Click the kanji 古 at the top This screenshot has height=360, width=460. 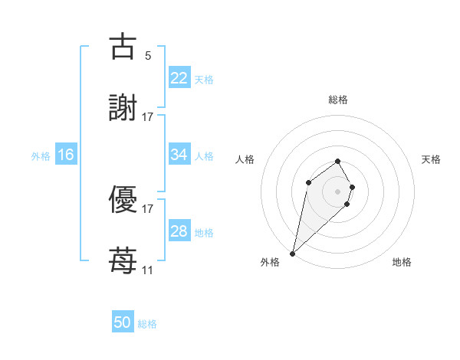pyautogui.click(x=123, y=47)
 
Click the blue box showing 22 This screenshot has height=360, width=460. pyautogui.click(x=179, y=78)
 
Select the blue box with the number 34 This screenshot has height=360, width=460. pyautogui.click(x=179, y=155)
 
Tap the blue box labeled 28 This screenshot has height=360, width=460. pyautogui.click(x=179, y=231)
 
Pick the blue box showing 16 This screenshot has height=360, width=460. pyautogui.click(x=65, y=155)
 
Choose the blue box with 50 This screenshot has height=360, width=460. pyautogui.click(x=122, y=322)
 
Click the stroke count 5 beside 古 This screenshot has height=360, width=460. pyautogui.click(x=148, y=55)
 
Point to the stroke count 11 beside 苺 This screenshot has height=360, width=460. pyautogui.click(x=147, y=270)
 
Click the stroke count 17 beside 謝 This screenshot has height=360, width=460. pyautogui.click(x=147, y=116)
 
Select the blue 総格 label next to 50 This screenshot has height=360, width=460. pyautogui.click(x=148, y=324)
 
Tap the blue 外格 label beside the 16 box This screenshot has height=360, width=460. pyautogui.click(x=41, y=155)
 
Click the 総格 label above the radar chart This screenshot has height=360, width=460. pyautogui.click(x=338, y=100)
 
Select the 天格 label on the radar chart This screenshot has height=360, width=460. pyautogui.click(x=431, y=159)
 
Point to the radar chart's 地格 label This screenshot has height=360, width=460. pyautogui.click(x=402, y=262)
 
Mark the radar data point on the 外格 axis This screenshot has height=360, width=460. pyautogui.click(x=292, y=253)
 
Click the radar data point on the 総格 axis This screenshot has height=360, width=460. pyautogui.click(x=338, y=161)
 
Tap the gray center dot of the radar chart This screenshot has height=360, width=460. pyautogui.click(x=338, y=191)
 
